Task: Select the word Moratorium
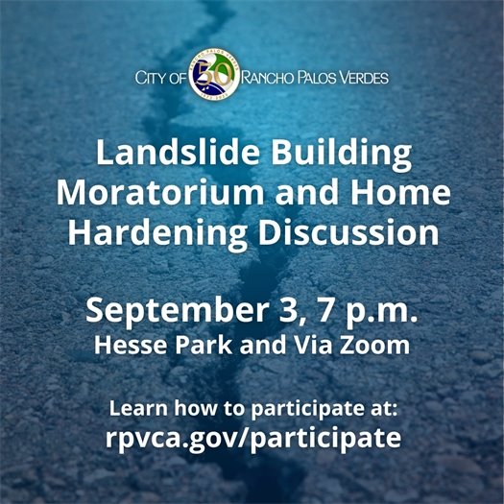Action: click(159, 192)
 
